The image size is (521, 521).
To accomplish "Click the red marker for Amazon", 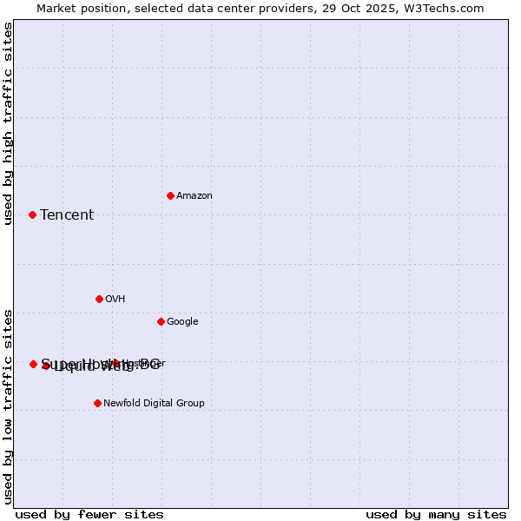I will (x=170, y=195).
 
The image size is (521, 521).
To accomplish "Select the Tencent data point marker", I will (x=32, y=214).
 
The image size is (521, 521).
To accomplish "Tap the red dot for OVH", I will (x=99, y=299).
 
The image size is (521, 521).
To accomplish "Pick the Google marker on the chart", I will (x=161, y=321).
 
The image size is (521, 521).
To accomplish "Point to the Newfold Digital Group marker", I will (x=97, y=403).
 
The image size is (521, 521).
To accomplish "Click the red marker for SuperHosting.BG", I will (x=33, y=364).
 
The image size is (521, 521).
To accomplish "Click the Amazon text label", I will (x=194, y=196).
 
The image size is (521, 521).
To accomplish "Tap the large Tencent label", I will (x=67, y=215).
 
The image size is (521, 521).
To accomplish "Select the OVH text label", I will (x=115, y=300).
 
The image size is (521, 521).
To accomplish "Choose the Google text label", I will (x=182, y=322).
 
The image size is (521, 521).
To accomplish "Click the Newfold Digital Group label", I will (x=154, y=404).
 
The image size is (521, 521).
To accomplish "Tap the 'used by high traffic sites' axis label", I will (x=9, y=123).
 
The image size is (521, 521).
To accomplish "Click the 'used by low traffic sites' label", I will (x=9, y=406).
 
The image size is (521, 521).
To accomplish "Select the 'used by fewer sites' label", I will (x=89, y=514).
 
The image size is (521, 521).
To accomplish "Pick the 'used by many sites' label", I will (x=436, y=514).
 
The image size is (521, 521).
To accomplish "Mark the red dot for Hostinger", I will (x=115, y=363).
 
